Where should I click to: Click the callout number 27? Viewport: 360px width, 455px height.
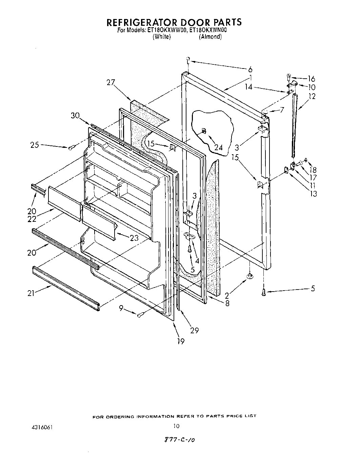click(x=111, y=83)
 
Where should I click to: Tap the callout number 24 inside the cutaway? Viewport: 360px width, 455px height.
click(x=219, y=147)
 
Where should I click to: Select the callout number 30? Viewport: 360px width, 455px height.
click(x=75, y=115)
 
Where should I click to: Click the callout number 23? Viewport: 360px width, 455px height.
click(x=134, y=238)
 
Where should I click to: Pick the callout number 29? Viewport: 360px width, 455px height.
click(x=194, y=330)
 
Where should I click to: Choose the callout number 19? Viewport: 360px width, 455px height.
click(x=181, y=341)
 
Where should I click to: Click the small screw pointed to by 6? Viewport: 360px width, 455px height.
click(x=187, y=61)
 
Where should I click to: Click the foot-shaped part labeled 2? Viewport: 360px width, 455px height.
click(x=249, y=276)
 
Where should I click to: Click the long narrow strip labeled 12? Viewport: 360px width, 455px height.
click(x=294, y=125)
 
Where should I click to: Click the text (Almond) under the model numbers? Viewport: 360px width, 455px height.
click(x=210, y=37)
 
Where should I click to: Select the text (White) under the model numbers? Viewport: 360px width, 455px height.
click(x=161, y=37)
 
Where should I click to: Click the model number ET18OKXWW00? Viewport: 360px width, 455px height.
click(x=167, y=30)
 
